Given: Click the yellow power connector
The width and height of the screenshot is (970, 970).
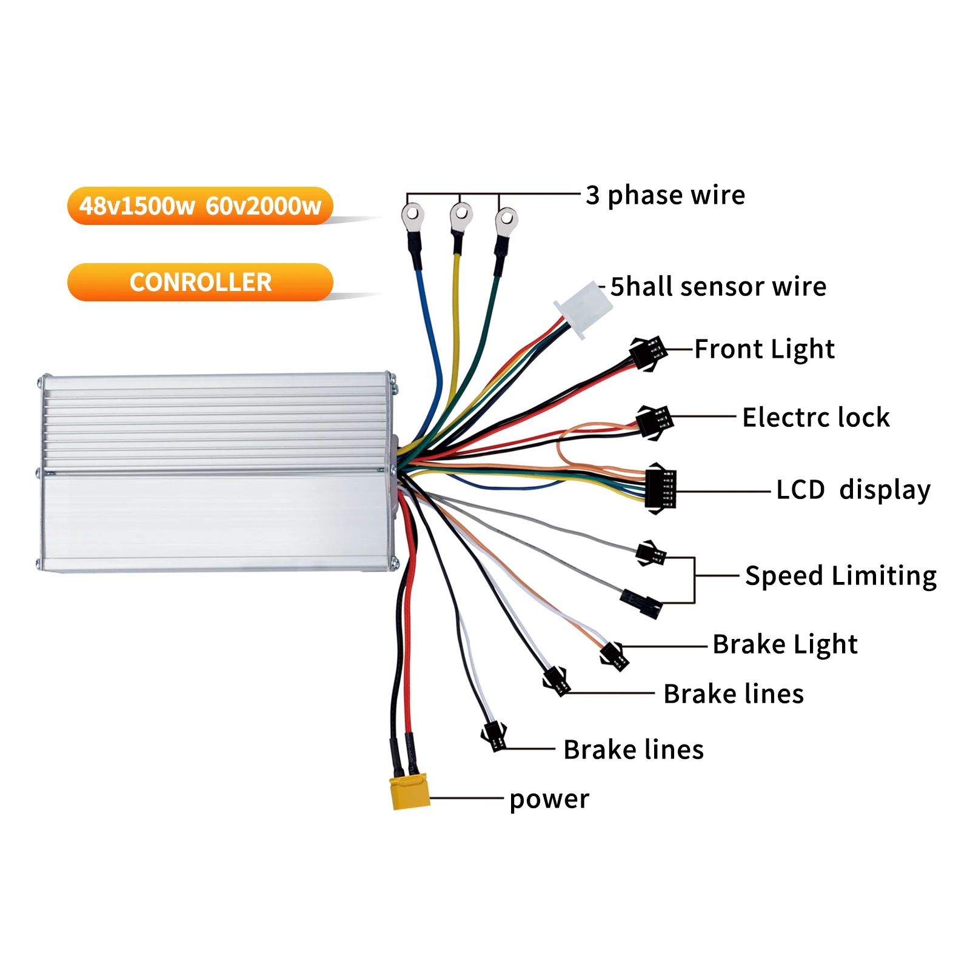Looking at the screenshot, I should [410, 792].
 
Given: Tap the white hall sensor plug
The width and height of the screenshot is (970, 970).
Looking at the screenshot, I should [583, 310].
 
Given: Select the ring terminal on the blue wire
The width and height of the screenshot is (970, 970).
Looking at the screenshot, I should [413, 216].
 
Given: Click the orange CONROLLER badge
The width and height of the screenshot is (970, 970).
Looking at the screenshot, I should [200, 283].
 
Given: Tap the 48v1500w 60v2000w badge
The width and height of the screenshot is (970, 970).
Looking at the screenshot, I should [200, 206].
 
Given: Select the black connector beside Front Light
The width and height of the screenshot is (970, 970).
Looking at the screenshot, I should [648, 352].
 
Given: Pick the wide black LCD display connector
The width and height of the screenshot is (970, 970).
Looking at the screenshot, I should [660, 489].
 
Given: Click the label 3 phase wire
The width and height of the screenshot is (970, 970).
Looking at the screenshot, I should [665, 195].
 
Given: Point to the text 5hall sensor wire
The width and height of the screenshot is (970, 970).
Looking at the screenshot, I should [718, 287].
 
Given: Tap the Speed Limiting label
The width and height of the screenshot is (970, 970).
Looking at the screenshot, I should [840, 576].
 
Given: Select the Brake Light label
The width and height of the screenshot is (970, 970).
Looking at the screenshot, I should [784, 644].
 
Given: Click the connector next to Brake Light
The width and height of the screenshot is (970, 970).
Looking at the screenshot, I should [614, 657].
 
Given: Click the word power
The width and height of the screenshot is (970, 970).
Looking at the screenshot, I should [549, 799].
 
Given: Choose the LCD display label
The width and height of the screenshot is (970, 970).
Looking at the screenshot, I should [853, 490].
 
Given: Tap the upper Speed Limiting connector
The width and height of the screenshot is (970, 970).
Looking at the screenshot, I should [651, 554].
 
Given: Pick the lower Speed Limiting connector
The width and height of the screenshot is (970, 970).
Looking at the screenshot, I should [641, 604].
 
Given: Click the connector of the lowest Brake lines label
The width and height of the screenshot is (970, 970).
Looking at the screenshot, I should [494, 736].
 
